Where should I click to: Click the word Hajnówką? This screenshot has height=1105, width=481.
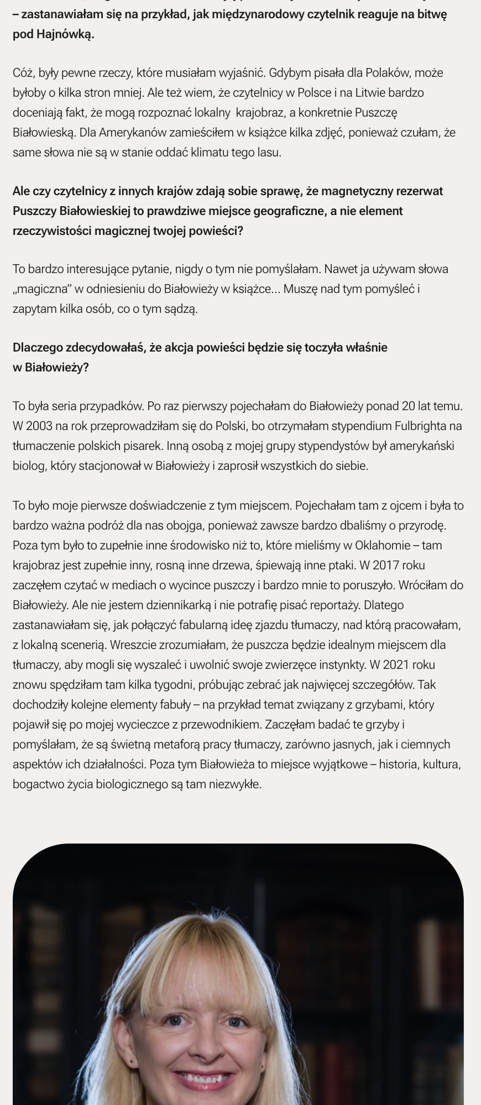point(64,34)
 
